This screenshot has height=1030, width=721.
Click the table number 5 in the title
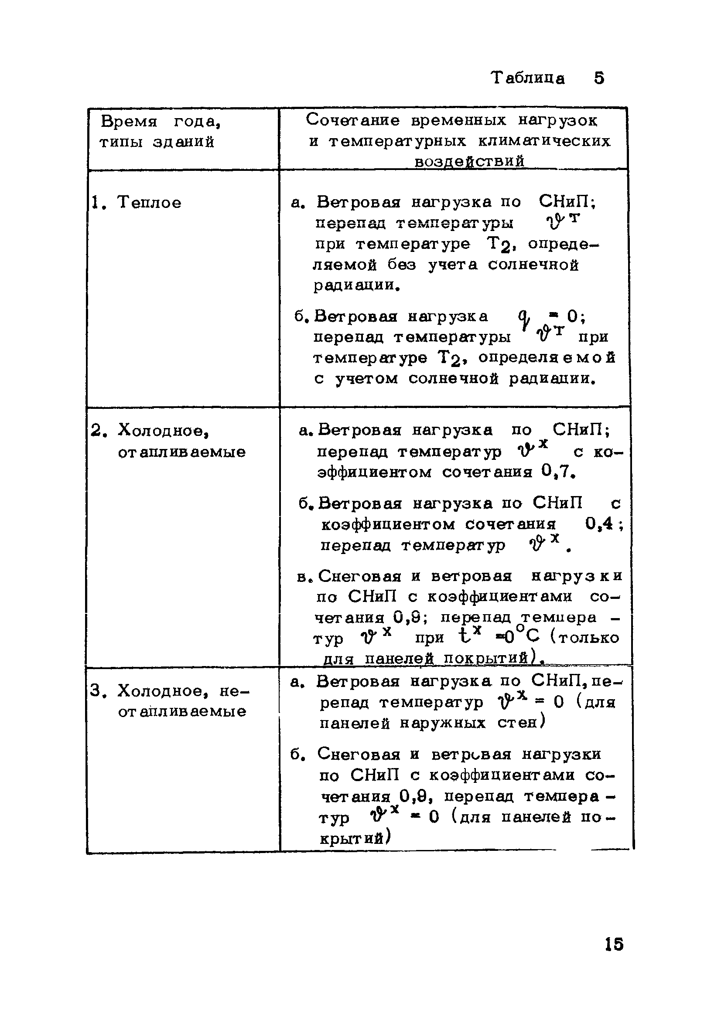(x=599, y=78)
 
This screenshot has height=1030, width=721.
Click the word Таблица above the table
(x=527, y=78)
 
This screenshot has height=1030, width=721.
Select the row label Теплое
(x=149, y=203)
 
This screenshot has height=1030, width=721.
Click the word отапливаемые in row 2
(x=182, y=452)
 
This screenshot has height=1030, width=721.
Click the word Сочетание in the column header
(x=352, y=120)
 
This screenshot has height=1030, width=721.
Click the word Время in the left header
(x=129, y=122)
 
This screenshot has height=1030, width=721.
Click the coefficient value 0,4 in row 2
(x=599, y=523)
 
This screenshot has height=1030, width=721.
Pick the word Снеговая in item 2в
(x=359, y=575)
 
